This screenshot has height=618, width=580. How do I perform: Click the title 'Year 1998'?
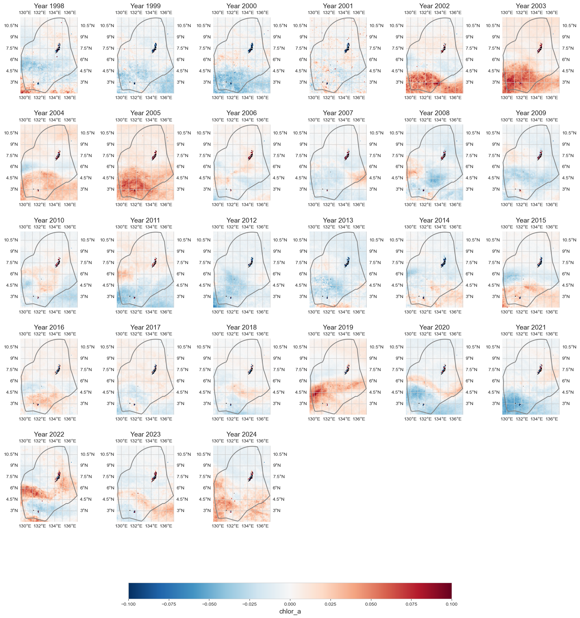49,6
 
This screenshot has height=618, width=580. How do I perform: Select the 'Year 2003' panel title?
531,6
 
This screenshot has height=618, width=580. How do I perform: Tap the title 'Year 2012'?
242,220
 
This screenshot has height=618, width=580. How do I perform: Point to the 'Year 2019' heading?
338,327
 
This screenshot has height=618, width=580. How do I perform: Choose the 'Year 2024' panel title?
242,434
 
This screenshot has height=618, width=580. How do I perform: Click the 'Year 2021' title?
531,327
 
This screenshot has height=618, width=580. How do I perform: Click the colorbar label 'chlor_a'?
290,611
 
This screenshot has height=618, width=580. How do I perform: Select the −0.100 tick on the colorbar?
129,604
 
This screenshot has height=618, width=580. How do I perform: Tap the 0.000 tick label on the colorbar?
290,604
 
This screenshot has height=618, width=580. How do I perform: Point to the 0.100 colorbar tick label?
451,604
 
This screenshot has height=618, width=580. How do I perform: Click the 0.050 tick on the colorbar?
371,604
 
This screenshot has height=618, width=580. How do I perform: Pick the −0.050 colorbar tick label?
209,604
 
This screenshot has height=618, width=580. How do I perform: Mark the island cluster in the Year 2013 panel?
347,262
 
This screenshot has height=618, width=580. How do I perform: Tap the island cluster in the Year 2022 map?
58,476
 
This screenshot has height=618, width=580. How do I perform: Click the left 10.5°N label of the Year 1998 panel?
11,26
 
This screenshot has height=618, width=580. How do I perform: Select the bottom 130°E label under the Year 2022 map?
25,526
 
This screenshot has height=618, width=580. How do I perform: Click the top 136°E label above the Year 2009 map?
552,120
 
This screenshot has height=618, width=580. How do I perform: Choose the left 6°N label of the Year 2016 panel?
14,381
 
